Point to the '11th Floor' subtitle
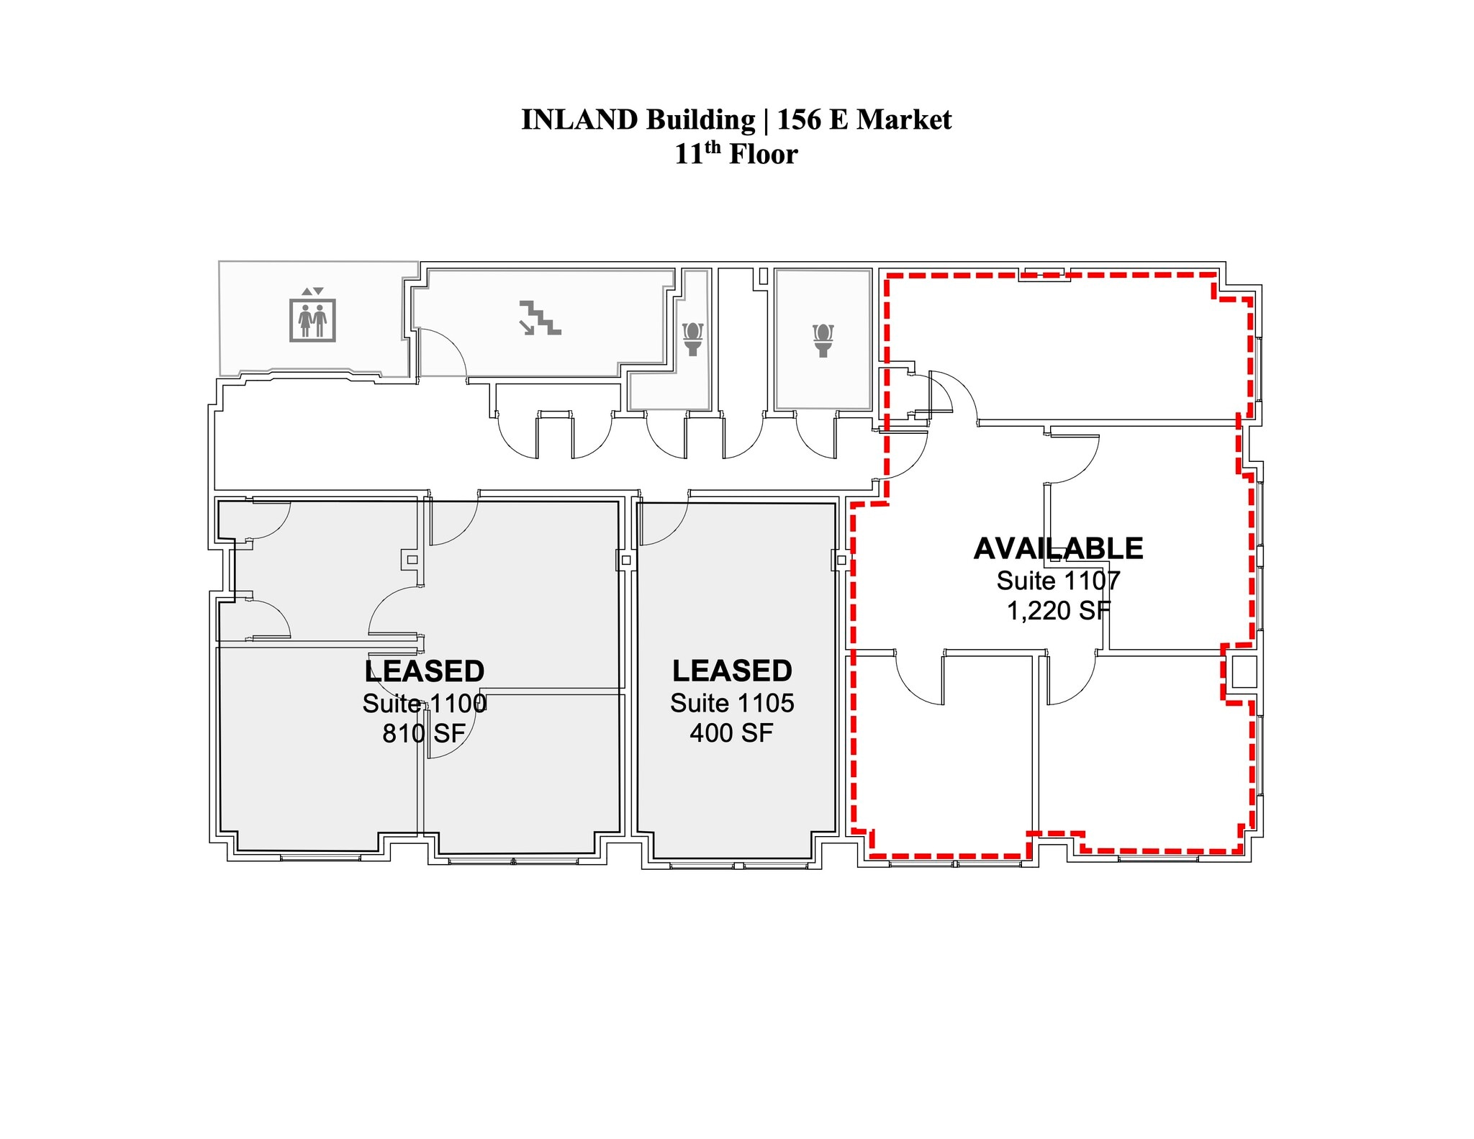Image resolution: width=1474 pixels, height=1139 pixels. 736,153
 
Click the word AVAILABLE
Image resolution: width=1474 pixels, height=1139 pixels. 1058,548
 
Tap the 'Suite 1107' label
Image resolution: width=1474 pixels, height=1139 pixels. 1058,580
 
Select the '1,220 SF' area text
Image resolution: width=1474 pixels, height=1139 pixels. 1058,610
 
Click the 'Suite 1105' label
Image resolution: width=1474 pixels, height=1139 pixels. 732,702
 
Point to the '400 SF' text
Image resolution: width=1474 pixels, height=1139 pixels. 731,732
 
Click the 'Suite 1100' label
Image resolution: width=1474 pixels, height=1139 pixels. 424,703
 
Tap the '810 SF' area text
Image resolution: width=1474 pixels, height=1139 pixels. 424,733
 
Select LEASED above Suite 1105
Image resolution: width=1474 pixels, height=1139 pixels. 732,671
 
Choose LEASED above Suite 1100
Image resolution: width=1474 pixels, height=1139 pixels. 424,671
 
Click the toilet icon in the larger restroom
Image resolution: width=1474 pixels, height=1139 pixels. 823,340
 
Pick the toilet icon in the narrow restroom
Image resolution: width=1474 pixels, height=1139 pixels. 692,339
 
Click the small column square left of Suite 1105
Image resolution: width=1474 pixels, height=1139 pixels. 625,560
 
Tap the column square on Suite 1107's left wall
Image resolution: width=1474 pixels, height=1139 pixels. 841,560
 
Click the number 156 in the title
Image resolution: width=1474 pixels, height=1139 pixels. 799,119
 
